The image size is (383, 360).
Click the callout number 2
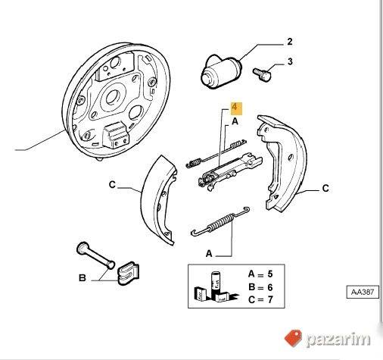tap(290, 42)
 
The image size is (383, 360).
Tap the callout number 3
tap(290, 61)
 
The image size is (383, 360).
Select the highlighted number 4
tap(236, 108)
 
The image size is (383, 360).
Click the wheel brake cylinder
tap(221, 72)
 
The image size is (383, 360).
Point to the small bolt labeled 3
tap(262, 74)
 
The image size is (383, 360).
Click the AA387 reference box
tap(363, 292)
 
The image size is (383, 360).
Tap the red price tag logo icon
tap(294, 338)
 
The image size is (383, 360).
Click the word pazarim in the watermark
tap(338, 339)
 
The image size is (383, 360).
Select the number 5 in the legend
tap(270, 274)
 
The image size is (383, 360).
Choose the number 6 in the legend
tap(270, 287)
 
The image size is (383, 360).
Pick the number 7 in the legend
tap(270, 299)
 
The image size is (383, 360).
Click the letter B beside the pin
tap(83, 278)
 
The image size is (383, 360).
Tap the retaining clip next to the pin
tap(128, 273)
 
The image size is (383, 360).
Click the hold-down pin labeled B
tap(95, 255)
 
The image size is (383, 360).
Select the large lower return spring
tap(220, 222)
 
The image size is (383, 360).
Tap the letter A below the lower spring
tap(209, 253)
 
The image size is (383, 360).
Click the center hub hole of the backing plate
tap(112, 97)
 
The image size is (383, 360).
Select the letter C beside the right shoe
tap(325, 189)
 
